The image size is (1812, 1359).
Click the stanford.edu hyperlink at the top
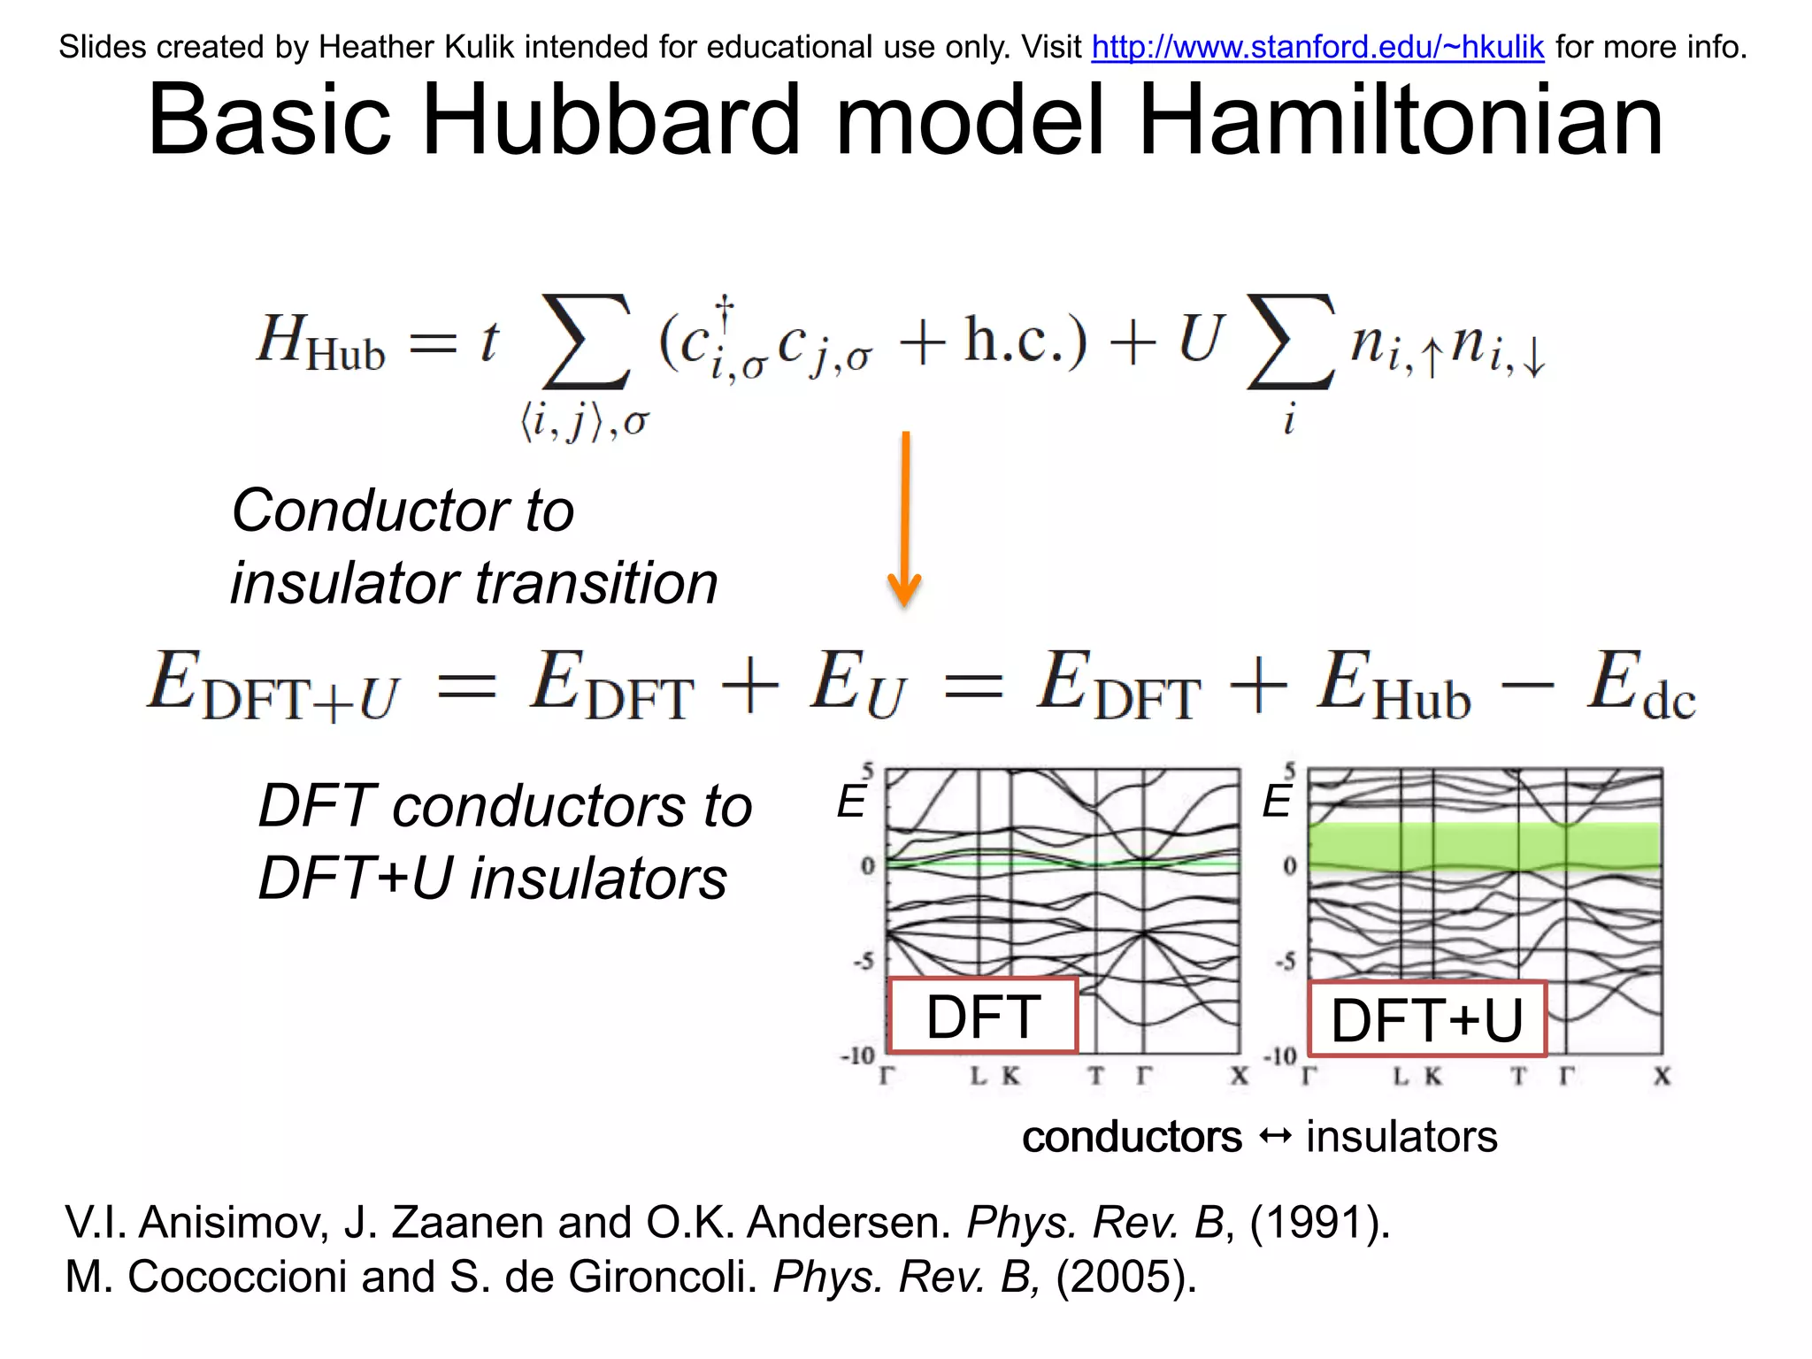[x=1317, y=47]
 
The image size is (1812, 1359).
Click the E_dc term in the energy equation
[x=1640, y=686]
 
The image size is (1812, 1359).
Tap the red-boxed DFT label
[x=982, y=1016]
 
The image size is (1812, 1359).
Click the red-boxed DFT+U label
[x=1426, y=1019]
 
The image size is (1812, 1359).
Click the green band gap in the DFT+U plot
[x=1483, y=845]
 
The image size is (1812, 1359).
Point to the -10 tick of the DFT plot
[x=857, y=1056]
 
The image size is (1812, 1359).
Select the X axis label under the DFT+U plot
[x=1662, y=1076]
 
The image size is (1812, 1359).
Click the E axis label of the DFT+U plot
[x=1276, y=802]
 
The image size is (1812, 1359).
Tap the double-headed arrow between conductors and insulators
[x=1274, y=1136]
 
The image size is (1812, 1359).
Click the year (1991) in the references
[x=1318, y=1223]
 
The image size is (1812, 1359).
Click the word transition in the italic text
[x=596, y=584]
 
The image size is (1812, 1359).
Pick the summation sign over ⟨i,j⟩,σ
[x=586, y=343]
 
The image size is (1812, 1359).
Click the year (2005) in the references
[x=1125, y=1277]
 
